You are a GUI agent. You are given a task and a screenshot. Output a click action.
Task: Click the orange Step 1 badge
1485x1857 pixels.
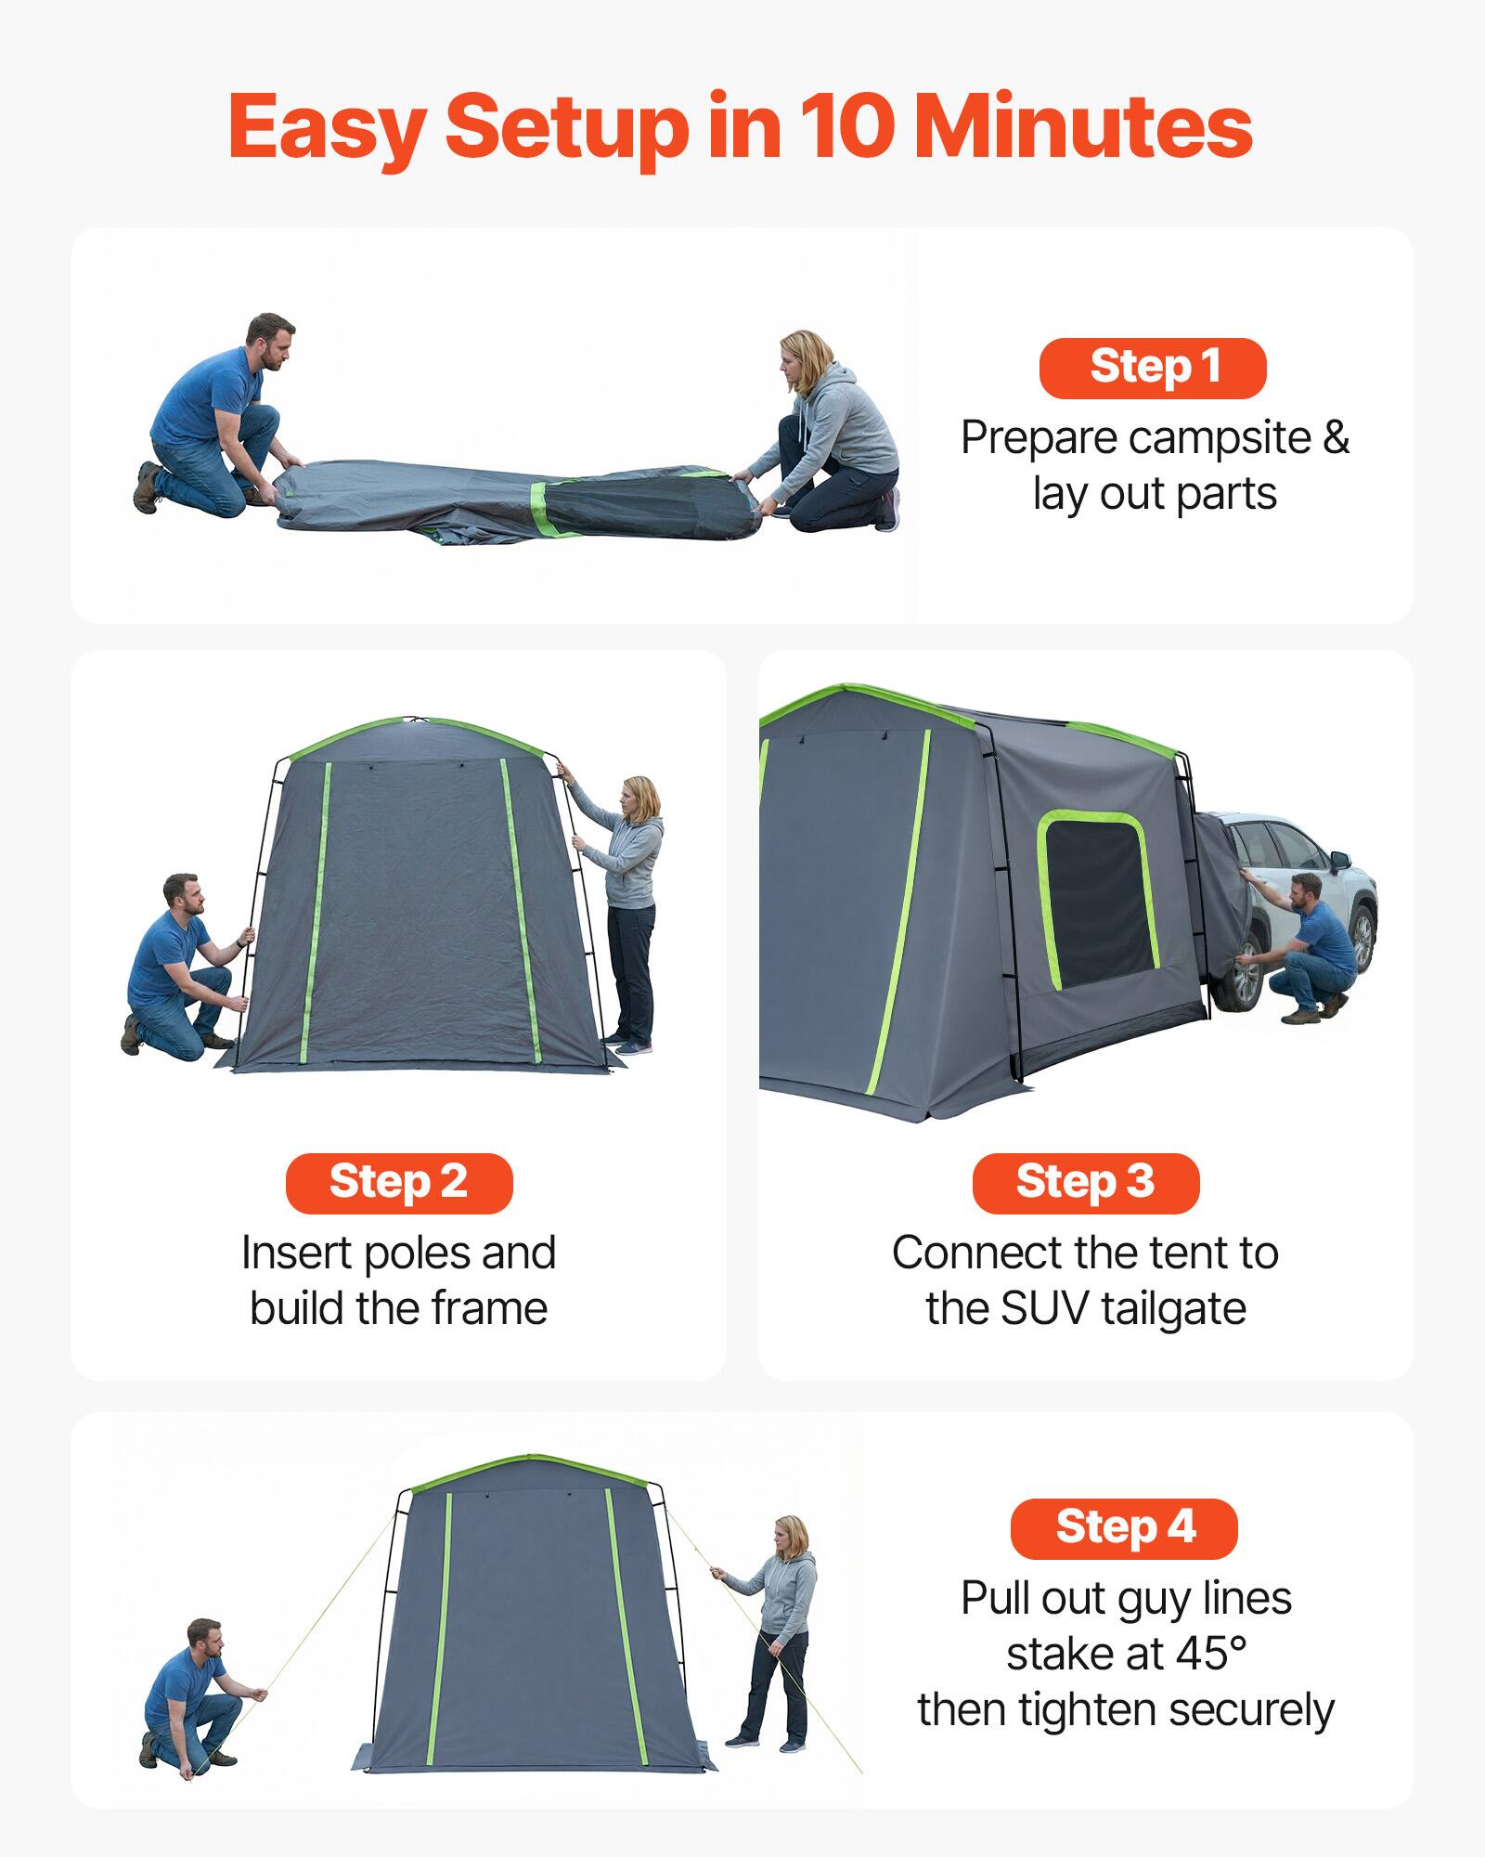click(x=1153, y=368)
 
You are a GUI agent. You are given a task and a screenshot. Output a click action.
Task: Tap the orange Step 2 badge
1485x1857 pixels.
click(x=399, y=1183)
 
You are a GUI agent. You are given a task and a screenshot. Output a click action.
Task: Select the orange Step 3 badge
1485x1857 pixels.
click(x=1085, y=1183)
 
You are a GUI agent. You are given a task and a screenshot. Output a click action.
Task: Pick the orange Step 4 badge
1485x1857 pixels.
click(x=1124, y=1528)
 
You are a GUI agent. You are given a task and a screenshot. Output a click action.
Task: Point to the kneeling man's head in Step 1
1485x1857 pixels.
click(x=270, y=338)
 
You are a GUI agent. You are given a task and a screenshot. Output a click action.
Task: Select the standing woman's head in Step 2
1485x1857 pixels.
click(x=640, y=799)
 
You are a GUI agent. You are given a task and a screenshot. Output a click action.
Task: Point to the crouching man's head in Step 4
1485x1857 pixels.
click(x=204, y=1642)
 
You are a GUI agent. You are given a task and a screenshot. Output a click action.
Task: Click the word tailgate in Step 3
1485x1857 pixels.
click(x=1174, y=1309)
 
